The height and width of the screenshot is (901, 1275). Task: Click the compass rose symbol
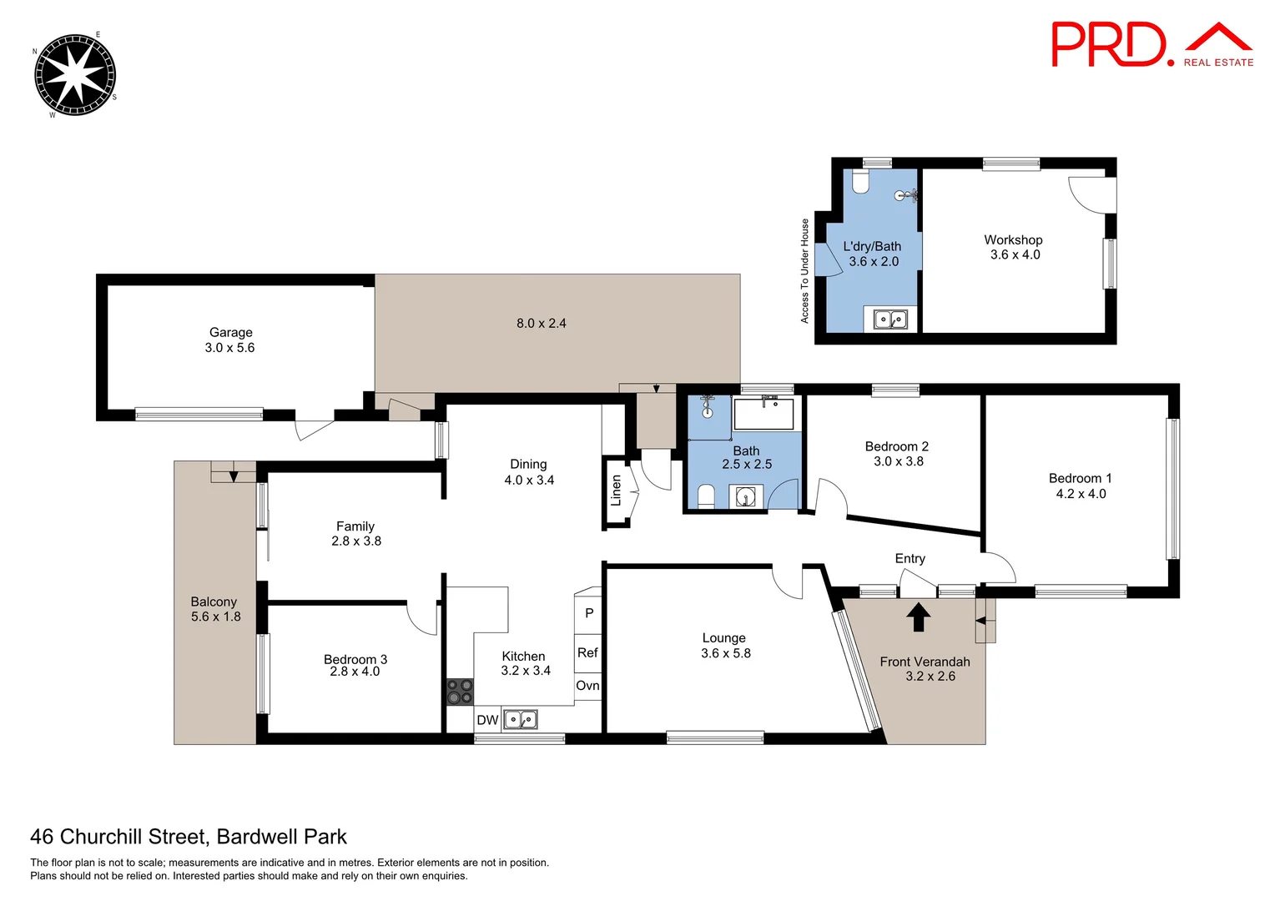(75, 74)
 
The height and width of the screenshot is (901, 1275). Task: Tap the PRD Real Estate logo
(1151, 45)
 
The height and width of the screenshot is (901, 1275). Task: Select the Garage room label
(230, 332)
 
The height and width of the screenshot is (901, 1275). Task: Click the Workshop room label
(1013, 240)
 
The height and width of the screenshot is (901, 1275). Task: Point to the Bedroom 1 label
(1080, 478)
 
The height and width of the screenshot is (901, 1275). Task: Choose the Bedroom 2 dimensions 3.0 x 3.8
(898, 461)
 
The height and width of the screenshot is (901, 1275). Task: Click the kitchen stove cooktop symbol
(460, 692)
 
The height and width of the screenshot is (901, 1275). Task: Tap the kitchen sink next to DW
(520, 719)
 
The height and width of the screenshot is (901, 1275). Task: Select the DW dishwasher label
(487, 720)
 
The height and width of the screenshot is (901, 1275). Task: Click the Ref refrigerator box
(587, 652)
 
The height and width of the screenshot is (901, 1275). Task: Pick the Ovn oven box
(587, 686)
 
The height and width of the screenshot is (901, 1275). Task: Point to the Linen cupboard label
(616, 491)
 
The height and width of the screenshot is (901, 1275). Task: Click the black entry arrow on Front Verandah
(918, 617)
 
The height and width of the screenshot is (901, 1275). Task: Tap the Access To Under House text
(804, 271)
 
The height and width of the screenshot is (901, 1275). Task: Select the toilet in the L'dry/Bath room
(861, 181)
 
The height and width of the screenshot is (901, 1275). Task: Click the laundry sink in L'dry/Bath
(889, 319)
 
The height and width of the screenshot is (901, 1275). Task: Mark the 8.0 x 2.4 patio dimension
(541, 324)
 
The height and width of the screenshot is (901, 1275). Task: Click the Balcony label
(214, 602)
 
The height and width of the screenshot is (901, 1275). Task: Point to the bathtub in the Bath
(763, 414)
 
